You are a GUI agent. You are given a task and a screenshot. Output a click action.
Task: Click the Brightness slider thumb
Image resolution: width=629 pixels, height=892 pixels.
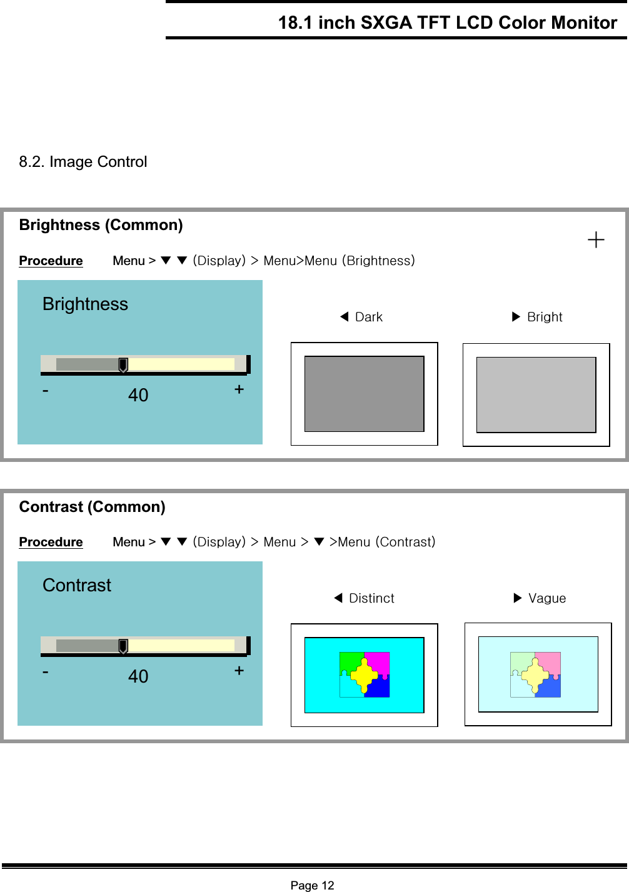[x=123, y=365]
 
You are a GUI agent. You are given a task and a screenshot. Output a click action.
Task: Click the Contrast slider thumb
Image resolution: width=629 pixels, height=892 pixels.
[x=123, y=646]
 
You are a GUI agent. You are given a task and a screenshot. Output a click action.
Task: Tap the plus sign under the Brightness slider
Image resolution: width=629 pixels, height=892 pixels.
[x=239, y=389]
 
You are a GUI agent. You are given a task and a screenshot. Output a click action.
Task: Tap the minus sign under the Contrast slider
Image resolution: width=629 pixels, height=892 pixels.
[x=46, y=671]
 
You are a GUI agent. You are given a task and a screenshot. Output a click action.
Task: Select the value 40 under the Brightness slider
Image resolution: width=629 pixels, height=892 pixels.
[x=138, y=395]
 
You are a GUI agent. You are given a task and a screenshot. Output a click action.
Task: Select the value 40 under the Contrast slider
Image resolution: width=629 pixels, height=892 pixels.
[x=138, y=676]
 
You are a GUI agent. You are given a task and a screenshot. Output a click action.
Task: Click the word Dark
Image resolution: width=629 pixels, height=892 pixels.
[x=369, y=317]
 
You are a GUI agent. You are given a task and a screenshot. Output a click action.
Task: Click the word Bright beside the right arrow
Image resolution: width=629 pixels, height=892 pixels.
[x=545, y=317]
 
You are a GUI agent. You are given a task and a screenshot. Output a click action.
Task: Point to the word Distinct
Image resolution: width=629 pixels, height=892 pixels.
[x=371, y=598]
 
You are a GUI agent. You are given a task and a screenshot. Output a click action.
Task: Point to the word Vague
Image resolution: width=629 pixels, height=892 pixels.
[x=547, y=598]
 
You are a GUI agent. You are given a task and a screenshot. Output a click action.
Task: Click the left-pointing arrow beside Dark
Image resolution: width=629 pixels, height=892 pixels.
[x=344, y=316]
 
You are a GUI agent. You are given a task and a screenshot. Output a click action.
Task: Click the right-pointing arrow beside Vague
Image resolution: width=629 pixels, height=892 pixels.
[x=517, y=598]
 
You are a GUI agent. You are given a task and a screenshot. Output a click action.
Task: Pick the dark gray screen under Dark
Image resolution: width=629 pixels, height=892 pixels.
[x=364, y=394]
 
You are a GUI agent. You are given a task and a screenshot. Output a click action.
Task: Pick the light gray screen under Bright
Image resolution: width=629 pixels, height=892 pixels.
[x=536, y=394]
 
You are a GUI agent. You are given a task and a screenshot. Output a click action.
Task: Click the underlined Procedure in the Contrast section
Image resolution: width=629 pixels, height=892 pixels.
[x=51, y=542]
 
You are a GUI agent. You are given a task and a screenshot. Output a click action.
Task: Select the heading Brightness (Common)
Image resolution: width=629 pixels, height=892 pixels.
[x=101, y=225]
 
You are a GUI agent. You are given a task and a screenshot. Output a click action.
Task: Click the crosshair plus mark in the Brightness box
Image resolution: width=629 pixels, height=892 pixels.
[x=596, y=239]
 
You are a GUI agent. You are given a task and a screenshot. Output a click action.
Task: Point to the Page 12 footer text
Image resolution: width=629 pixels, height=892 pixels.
[x=312, y=885]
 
